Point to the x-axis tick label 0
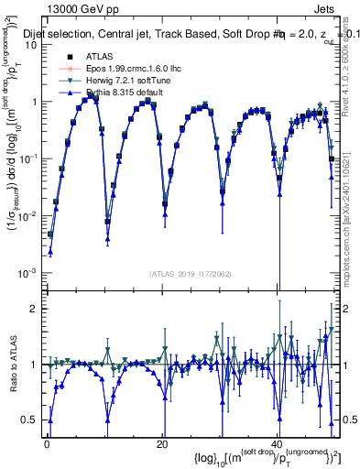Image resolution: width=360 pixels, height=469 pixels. (48, 444)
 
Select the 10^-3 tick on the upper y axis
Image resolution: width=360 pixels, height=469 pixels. (27, 273)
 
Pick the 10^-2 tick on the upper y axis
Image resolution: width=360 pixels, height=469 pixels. (27, 216)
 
